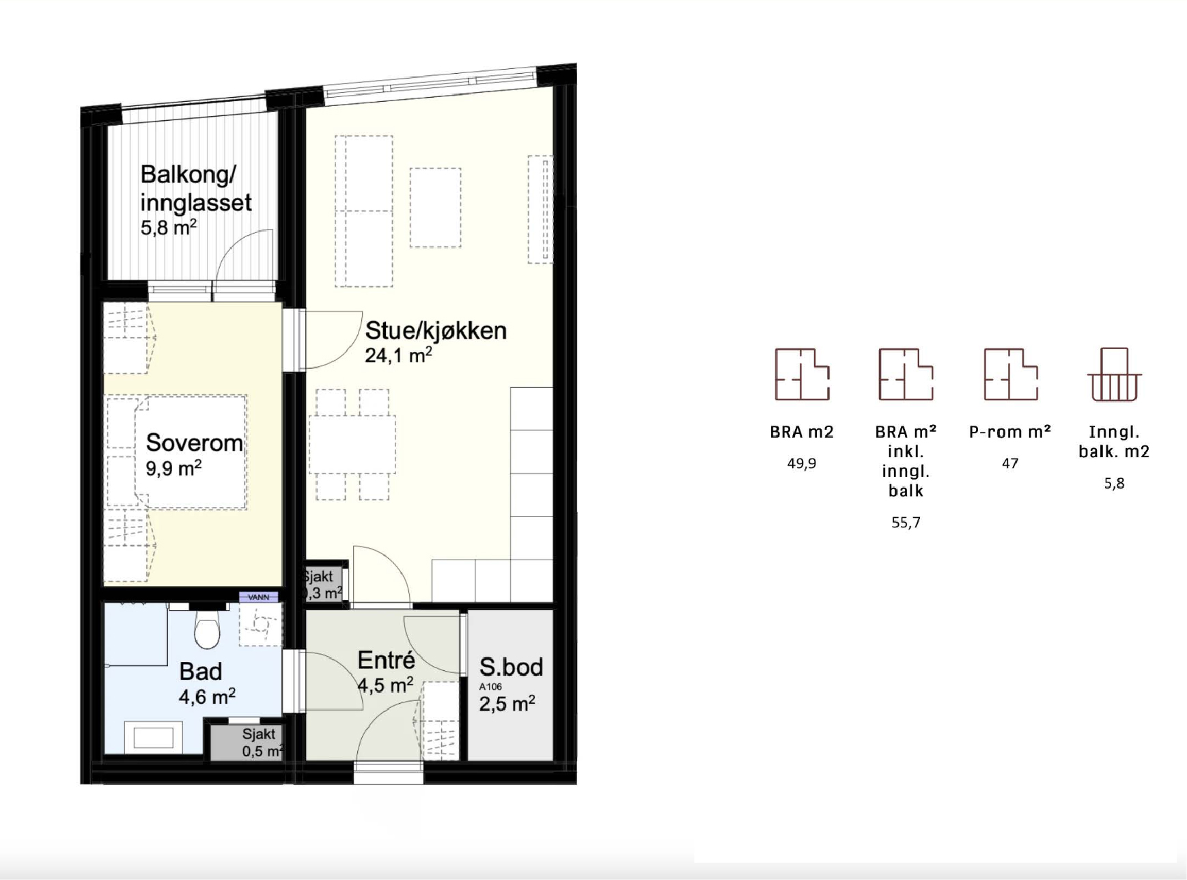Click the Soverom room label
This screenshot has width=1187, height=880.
click(195, 443)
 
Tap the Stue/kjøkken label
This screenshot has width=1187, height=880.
click(436, 331)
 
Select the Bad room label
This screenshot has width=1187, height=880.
click(201, 671)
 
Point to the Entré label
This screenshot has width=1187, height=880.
click(387, 660)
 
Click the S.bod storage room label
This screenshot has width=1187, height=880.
click(511, 667)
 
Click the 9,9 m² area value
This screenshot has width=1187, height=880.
click(173, 468)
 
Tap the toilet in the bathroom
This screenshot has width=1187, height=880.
click(207, 627)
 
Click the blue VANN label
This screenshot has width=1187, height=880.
click(259, 597)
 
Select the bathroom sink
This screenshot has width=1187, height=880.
click(154, 737)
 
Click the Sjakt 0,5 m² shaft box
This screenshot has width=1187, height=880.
click(247, 743)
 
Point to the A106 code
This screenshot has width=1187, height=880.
click(490, 687)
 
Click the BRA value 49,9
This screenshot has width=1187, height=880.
click(802, 463)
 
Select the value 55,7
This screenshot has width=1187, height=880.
click(906, 523)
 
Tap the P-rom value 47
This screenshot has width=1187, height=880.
click(1010, 463)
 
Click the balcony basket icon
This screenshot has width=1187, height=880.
click(1114, 374)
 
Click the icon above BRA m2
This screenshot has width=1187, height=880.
click(802, 374)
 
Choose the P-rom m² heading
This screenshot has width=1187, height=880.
click(1010, 432)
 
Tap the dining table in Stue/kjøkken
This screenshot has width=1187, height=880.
click(352, 445)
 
